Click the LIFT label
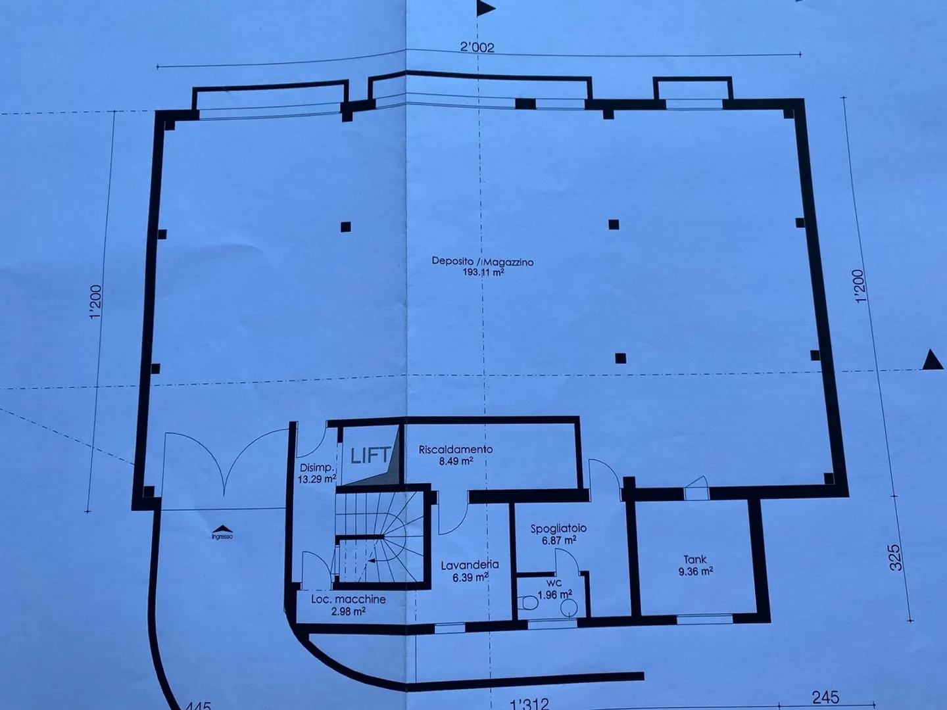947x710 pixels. pos(370,455)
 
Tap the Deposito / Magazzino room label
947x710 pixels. pos(482,261)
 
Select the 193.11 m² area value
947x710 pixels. pos(483,272)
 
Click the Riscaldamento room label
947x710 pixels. pos(456,450)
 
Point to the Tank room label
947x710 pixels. pos(694,559)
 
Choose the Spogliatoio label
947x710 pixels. pos(558,529)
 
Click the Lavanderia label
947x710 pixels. pos(470,565)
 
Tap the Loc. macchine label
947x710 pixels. pos(348,599)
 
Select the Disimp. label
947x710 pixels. pos(316,467)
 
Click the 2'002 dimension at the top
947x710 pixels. pos(477,47)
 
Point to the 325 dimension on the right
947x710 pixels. pos(894,557)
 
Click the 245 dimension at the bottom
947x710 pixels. pos(825,697)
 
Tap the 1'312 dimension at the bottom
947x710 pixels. pos(529,704)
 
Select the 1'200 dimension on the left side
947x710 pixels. pos(96,302)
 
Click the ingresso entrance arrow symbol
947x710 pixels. pos(222,529)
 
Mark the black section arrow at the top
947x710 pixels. pos(486,8)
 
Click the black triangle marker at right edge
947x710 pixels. pos(932,360)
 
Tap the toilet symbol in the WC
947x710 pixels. pos(527,603)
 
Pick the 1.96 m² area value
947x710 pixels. pos(554,595)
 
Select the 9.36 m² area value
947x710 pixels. pos(695,571)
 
